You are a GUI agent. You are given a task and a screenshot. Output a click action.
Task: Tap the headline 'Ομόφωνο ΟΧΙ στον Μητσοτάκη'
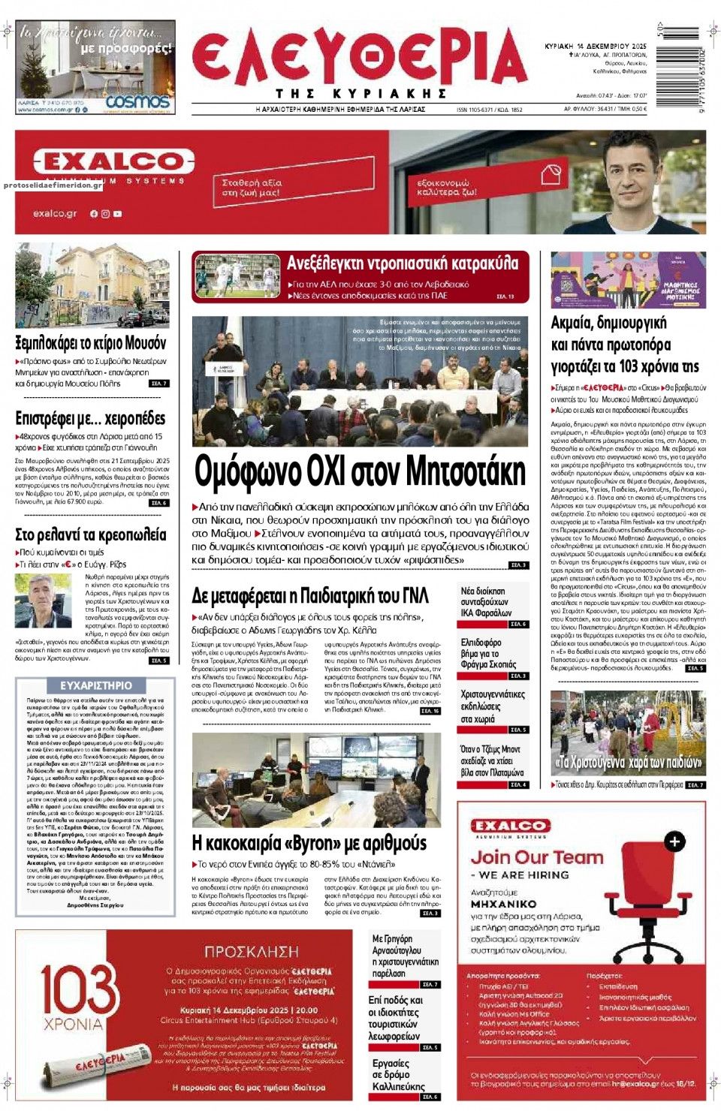360,472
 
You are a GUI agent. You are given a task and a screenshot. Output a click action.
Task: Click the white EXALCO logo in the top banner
113,161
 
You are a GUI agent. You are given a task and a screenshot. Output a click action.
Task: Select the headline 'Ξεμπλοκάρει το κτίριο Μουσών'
91,343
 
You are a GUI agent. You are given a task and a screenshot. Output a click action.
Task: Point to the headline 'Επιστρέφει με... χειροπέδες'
90,419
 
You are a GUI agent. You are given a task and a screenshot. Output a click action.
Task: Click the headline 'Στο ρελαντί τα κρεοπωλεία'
91,534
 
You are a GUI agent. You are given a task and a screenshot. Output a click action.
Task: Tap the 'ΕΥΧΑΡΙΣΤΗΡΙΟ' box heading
95,685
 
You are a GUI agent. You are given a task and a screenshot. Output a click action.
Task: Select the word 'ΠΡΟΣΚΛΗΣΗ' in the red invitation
251,951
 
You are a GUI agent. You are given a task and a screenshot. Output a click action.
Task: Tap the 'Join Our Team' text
536,857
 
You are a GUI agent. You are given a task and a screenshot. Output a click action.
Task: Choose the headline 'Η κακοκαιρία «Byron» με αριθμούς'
309,843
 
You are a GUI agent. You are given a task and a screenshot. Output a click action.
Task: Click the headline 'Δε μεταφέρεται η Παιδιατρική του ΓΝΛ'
310,596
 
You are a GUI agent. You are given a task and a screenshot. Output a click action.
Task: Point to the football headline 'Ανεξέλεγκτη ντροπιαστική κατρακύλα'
403,263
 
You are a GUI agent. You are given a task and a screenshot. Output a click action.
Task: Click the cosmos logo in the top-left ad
137,101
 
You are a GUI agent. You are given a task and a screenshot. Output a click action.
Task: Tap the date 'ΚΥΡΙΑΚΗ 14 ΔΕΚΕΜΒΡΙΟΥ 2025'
595,47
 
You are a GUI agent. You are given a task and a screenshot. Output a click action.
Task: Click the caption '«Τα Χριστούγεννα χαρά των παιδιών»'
628,763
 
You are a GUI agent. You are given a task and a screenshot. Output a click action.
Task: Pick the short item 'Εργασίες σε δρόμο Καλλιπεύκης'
398,1074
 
